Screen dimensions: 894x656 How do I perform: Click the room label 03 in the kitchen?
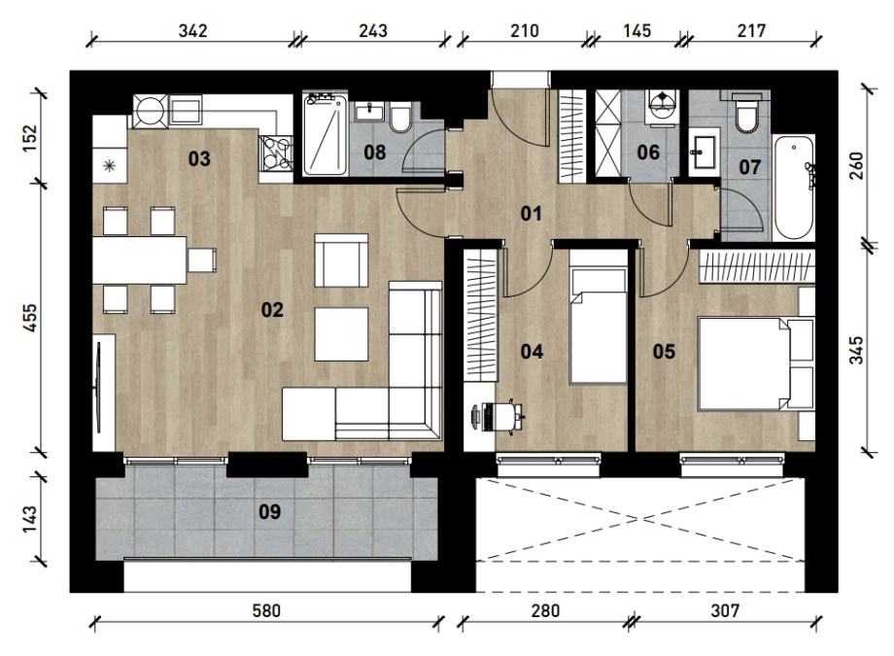(x=199, y=158)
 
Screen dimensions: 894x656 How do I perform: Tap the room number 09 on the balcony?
(x=270, y=511)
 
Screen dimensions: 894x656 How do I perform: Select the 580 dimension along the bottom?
(x=266, y=611)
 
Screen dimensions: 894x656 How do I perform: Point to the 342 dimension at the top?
(x=192, y=30)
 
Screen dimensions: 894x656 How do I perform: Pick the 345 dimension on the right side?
(x=856, y=350)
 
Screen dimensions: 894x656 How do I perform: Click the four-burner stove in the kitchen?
(x=276, y=153)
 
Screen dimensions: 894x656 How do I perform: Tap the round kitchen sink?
(x=151, y=111)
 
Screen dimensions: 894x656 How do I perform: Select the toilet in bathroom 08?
(x=400, y=117)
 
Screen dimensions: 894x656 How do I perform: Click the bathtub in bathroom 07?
(x=794, y=188)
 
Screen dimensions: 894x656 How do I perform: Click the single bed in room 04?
(x=599, y=326)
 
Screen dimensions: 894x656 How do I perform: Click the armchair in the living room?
(x=341, y=260)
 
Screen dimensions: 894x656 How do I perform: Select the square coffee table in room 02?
(x=341, y=333)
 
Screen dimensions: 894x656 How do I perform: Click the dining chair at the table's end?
(x=202, y=260)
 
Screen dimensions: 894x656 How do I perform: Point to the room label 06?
(x=648, y=153)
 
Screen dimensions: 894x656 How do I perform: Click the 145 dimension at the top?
(x=636, y=30)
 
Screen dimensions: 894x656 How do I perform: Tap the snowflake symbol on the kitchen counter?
(x=108, y=166)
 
